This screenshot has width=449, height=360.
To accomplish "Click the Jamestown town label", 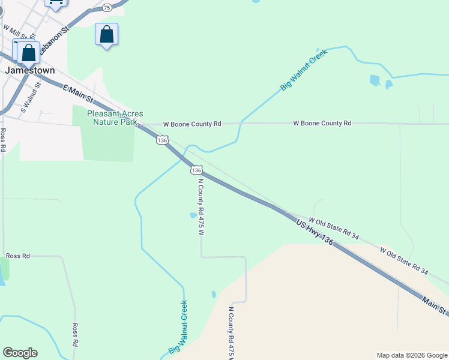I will (30, 70).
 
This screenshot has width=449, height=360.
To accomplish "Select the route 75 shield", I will (107, 7).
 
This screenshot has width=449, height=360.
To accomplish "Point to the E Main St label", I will (78, 93).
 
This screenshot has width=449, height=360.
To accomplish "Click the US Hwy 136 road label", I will (315, 231).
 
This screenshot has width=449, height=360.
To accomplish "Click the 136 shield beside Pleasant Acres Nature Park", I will (162, 139).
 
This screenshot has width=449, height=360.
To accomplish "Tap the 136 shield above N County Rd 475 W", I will (196, 170).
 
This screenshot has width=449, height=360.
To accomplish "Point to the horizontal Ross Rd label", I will (18, 256).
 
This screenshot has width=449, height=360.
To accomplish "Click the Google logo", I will (20, 353).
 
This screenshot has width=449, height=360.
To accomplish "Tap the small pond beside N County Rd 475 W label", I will (193, 215).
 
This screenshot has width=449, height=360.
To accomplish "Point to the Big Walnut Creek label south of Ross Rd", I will (178, 327).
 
